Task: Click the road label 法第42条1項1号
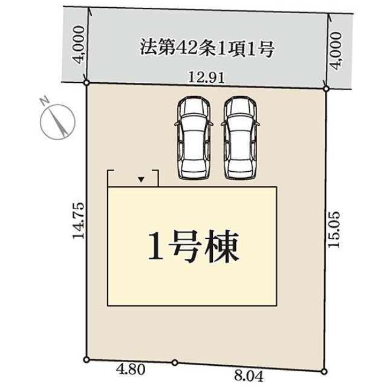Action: tap(207, 48)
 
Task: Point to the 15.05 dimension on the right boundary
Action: tap(336, 229)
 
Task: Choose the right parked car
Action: tap(240, 138)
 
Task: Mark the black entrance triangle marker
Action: tap(141, 180)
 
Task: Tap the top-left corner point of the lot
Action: tap(87, 82)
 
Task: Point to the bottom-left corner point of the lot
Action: tap(86, 359)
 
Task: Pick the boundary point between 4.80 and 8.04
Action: tap(174, 362)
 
